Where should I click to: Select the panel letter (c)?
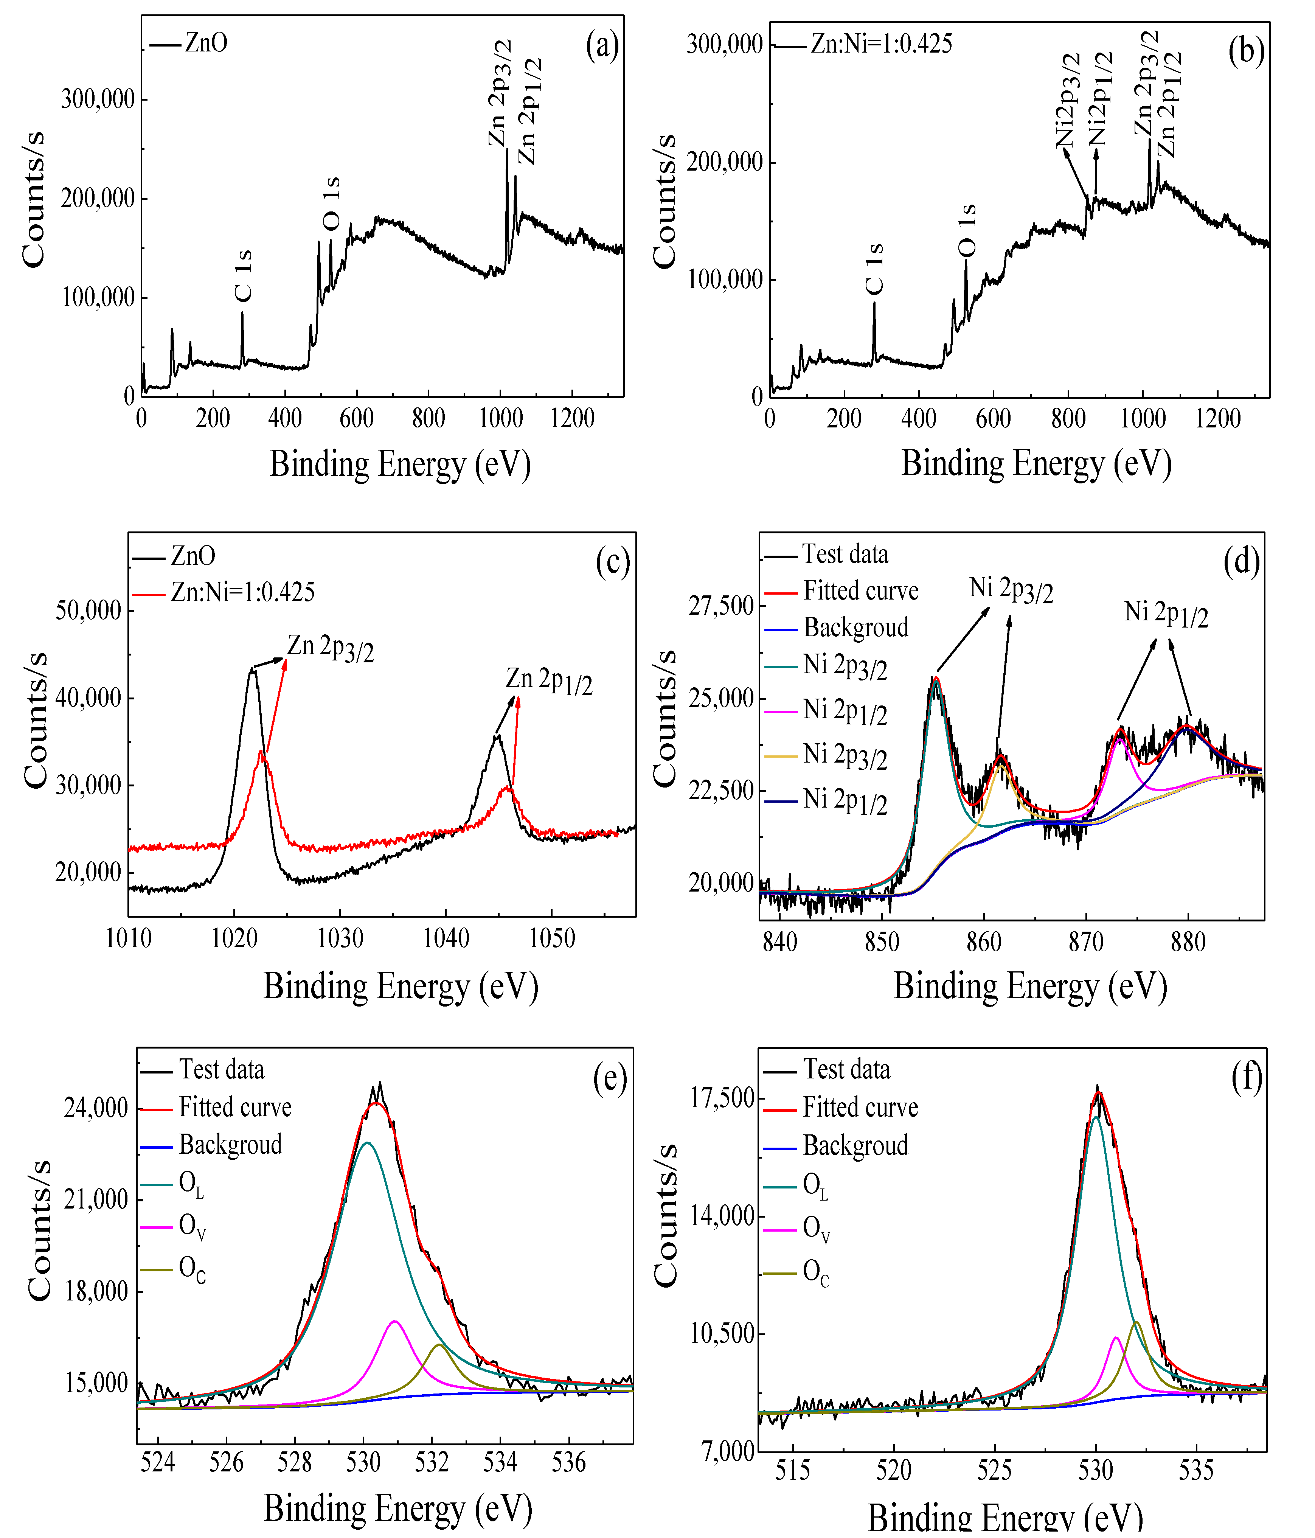point(613,562)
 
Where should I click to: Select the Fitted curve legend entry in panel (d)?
point(861,591)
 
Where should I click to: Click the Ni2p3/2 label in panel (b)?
point(1069,100)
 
